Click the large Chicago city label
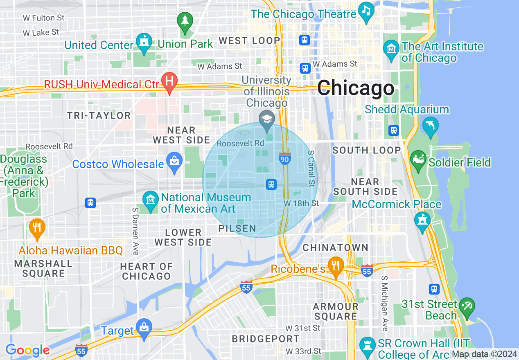click(355, 88)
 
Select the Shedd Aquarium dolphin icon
click(431, 125)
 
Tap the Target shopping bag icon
click(144, 328)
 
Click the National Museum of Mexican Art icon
click(150, 200)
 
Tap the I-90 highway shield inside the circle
click(285, 158)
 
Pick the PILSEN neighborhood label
click(237, 229)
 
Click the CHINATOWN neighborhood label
click(335, 248)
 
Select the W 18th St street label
click(301, 203)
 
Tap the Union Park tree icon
click(185, 21)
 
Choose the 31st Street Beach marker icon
click(467, 306)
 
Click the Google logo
click(27, 350)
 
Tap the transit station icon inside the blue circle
click(271, 184)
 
